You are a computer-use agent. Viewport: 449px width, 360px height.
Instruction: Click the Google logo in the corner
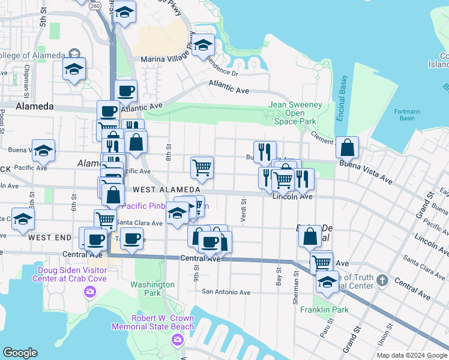(20, 353)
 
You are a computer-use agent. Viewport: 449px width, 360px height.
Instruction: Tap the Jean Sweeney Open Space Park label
(295, 113)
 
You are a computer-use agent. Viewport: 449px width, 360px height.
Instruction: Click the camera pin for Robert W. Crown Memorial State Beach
(177, 340)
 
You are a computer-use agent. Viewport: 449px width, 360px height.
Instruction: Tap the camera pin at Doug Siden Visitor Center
(90, 292)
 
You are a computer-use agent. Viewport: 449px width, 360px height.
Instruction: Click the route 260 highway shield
(95, 5)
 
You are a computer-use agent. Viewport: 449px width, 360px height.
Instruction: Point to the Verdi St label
(244, 211)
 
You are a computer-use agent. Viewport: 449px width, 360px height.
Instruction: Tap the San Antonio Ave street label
(226, 292)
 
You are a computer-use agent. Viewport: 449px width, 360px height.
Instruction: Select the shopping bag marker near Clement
(348, 147)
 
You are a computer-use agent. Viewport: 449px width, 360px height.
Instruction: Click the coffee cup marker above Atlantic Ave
(126, 91)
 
